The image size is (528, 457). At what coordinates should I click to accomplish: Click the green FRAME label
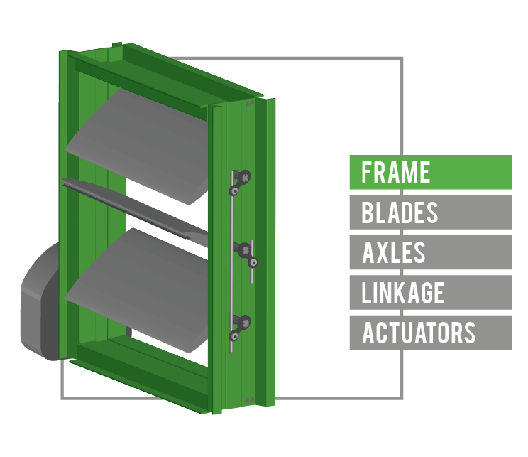(x=430, y=172)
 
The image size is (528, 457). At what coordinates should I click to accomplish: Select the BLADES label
(x=430, y=213)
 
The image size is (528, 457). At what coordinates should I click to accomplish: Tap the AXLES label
(x=430, y=252)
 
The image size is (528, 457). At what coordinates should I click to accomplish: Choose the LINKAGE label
(x=430, y=293)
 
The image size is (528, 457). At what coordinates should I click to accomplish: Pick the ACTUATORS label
(x=430, y=333)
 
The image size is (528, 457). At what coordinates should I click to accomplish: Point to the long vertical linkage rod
(x=232, y=284)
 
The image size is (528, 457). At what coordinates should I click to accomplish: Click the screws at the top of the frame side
(x=248, y=104)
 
